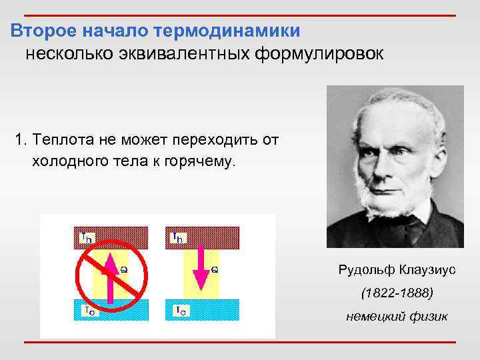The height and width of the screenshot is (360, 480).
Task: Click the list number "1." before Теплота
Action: pos(21,141)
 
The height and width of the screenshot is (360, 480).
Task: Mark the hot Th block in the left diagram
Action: pos(107,237)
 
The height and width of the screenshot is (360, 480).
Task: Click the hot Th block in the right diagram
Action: pos(201,237)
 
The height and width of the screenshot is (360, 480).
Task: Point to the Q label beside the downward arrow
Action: pos(215,269)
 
